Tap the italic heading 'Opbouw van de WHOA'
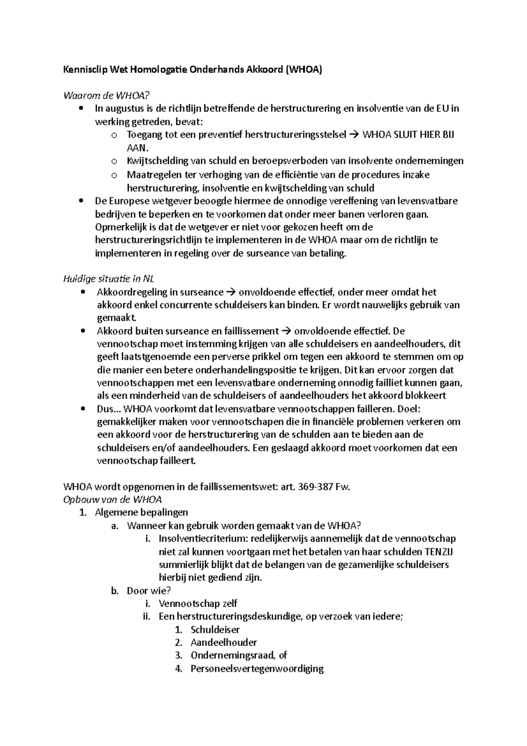pos(113,500)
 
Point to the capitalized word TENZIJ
pos(441,552)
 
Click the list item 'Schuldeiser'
pos(215,630)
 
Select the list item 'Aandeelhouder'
pos(224,642)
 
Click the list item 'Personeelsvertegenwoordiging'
pos(257,669)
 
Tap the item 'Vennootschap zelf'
pos(198,604)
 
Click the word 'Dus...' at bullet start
pos(109,409)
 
